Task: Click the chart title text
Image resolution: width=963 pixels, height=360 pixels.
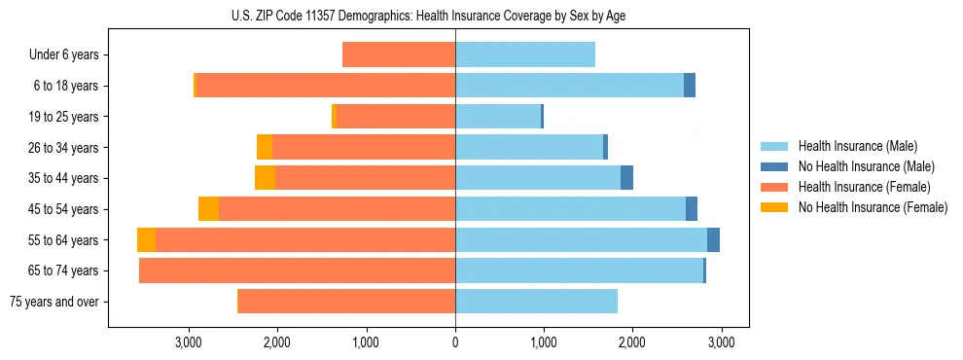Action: point(428,17)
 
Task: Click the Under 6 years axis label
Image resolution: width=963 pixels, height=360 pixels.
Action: point(63,55)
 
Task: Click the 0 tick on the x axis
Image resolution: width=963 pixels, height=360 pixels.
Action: point(455,342)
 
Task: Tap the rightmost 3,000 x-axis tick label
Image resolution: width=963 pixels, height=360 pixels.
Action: point(721,342)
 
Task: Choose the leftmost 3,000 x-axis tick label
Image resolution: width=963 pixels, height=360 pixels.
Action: point(188,342)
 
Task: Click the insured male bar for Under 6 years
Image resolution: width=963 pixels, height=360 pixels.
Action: point(525,55)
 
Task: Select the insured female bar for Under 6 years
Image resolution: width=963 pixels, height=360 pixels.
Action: point(399,55)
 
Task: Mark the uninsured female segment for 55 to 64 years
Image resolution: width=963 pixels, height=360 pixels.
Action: point(146,240)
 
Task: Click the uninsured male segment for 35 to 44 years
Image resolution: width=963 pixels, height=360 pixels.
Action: point(627,178)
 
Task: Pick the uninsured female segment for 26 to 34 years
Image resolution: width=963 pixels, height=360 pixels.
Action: point(265,147)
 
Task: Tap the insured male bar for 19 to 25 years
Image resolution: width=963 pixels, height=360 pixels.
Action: point(498,117)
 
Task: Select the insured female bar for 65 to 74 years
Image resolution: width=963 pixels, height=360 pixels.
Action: point(298,270)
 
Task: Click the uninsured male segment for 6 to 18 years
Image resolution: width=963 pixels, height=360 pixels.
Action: point(690,86)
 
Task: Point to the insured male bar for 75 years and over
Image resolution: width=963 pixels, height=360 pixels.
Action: point(536,302)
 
